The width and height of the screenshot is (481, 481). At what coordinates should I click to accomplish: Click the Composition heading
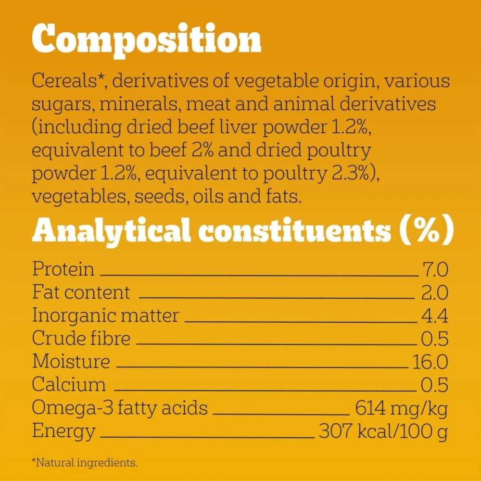point(146,39)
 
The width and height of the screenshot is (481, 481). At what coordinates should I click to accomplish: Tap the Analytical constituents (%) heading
point(243,230)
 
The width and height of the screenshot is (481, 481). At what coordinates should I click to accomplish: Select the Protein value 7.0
point(435,269)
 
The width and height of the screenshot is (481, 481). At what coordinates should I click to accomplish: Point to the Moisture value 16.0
point(430,361)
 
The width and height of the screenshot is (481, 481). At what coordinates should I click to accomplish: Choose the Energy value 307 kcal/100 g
point(383,431)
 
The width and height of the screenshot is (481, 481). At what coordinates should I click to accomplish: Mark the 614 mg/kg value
point(401,408)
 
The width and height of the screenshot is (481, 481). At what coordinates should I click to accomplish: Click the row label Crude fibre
point(81,339)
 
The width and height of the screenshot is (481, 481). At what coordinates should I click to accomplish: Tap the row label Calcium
point(68,385)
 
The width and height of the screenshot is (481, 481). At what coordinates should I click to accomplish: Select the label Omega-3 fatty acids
point(120,408)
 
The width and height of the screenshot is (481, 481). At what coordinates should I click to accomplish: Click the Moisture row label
point(71,361)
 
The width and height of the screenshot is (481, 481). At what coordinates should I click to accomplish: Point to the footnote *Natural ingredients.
point(84,463)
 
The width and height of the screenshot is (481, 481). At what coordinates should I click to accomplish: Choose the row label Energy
point(63,431)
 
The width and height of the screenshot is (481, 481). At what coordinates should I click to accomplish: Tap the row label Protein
point(63,269)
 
